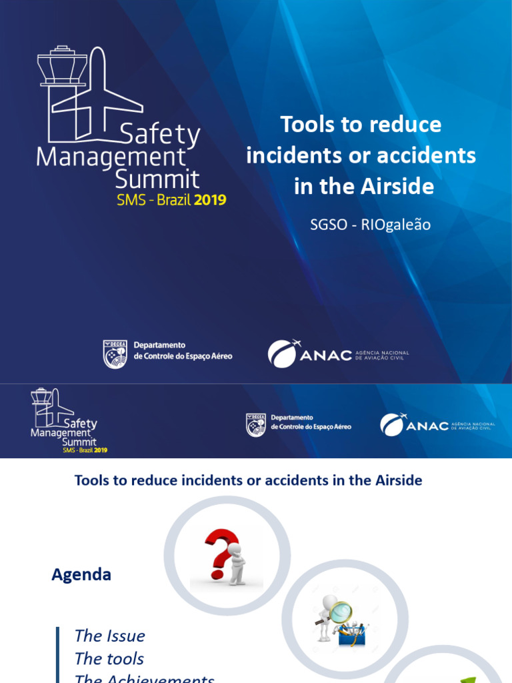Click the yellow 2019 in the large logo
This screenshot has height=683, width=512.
tap(210, 200)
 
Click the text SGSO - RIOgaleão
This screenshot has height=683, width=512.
tap(370, 225)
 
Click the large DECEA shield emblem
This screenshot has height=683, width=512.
tap(115, 354)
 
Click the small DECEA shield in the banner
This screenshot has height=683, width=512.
tap(256, 424)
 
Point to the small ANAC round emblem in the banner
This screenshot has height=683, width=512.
tap(392, 424)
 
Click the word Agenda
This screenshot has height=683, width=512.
tap(81, 575)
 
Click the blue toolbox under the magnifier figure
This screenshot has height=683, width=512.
tap(351, 634)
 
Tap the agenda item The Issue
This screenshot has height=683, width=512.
tap(109, 636)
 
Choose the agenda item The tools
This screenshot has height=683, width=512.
tap(109, 659)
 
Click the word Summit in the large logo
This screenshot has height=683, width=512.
tap(157, 179)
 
